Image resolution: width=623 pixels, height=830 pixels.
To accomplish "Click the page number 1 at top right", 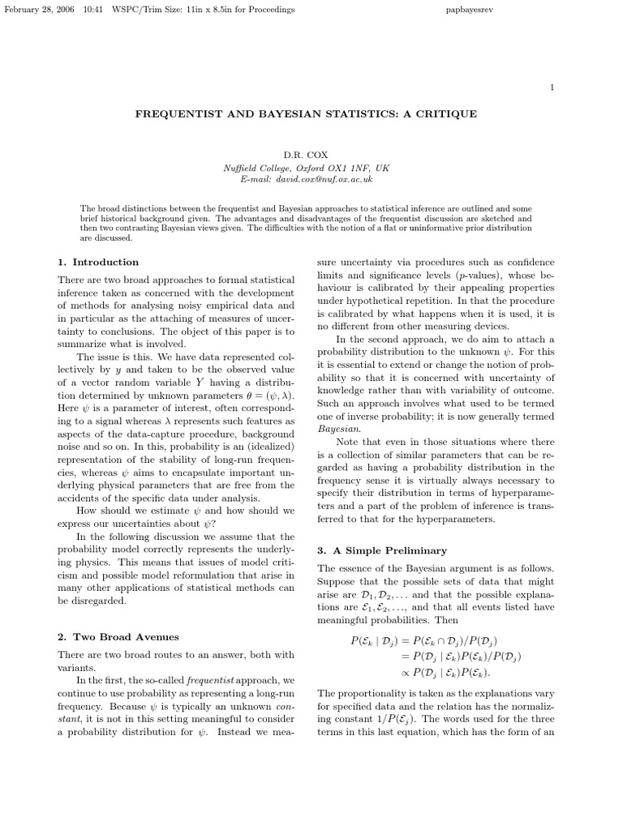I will (552, 87).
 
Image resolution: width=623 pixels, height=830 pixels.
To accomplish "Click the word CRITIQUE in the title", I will (444, 114).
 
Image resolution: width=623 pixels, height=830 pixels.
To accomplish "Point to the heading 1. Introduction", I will (98, 263).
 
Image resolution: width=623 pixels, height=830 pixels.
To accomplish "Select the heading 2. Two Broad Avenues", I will (118, 637).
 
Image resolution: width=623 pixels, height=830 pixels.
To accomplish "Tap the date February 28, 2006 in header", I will (38, 10).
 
